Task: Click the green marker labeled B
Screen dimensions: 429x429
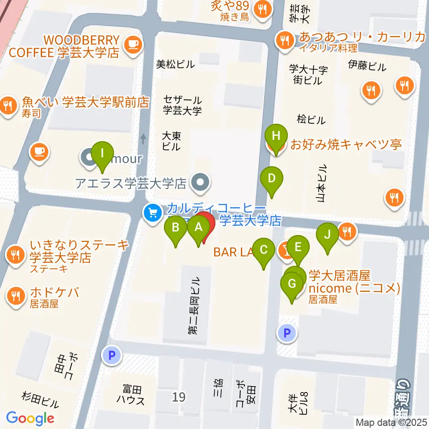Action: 176,228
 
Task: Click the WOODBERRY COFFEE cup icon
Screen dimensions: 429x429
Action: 133,43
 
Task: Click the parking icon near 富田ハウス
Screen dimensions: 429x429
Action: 112,356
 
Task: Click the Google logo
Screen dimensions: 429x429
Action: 30,418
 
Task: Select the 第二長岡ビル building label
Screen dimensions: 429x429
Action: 195,306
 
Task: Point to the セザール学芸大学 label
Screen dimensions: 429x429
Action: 182,105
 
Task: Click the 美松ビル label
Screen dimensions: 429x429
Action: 175,64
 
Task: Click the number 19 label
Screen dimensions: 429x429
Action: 179,396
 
